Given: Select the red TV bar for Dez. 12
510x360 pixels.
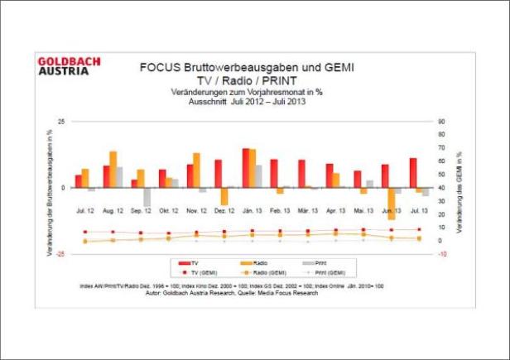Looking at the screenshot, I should [219, 174].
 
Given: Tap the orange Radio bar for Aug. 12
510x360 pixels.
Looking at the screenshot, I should [113, 170].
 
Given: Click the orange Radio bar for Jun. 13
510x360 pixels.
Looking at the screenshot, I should [392, 203].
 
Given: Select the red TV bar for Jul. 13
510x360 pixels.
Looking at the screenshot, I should [413, 173].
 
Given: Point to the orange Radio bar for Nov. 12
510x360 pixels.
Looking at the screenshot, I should [197, 170].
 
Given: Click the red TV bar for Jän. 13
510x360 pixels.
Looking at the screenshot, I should [246, 168].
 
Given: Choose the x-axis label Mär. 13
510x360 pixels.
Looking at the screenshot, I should [309, 212].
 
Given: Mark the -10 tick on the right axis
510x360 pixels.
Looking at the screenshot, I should [442, 254].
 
